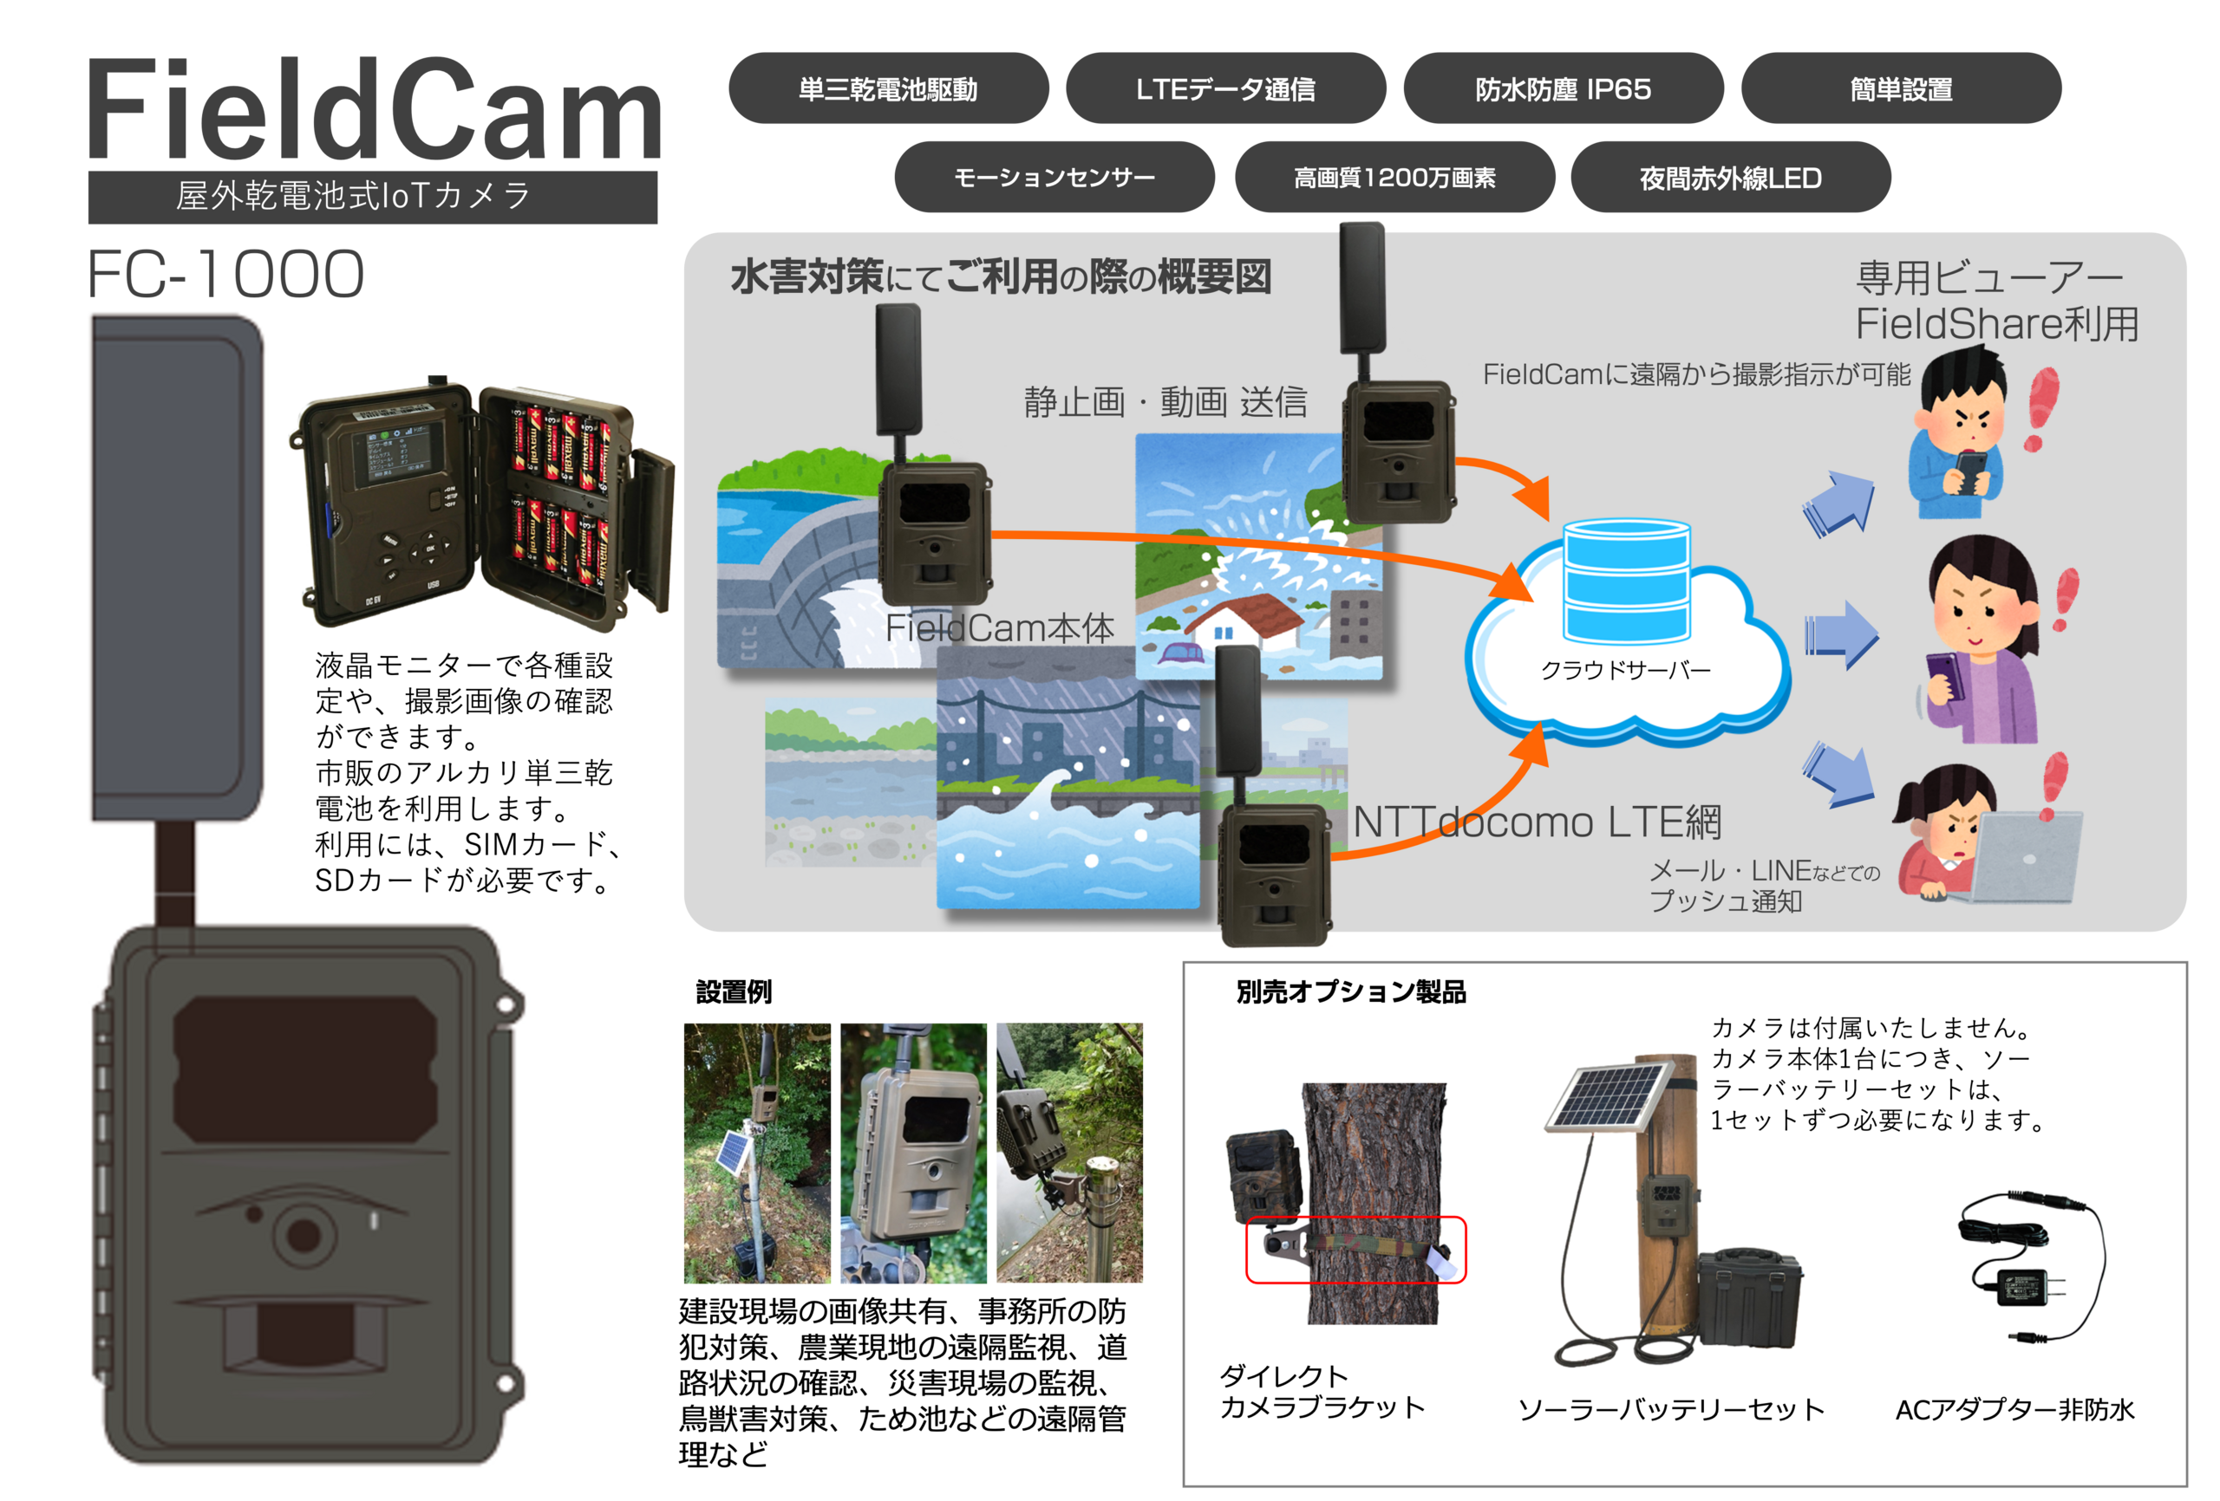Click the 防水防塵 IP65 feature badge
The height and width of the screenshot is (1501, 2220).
click(x=1563, y=88)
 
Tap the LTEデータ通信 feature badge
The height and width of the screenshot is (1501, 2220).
click(x=1225, y=88)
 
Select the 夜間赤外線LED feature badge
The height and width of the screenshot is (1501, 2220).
click(x=1730, y=178)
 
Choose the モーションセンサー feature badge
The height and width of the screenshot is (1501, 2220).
click(x=1054, y=178)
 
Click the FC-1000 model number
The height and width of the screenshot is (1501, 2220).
click(x=225, y=274)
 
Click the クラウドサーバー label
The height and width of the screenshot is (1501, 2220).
click(x=1625, y=670)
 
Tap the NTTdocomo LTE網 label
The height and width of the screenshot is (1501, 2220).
click(x=1537, y=822)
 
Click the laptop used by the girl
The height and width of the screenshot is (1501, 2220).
click(x=2025, y=855)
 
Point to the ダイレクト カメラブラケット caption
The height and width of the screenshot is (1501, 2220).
click(x=1321, y=1391)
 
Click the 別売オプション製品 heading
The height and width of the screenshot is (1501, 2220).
click(x=1351, y=992)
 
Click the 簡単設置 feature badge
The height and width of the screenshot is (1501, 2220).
click(x=1901, y=88)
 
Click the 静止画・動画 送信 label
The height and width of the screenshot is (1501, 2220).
click(x=1165, y=402)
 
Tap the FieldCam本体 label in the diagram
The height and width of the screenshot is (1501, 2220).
click(x=999, y=628)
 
